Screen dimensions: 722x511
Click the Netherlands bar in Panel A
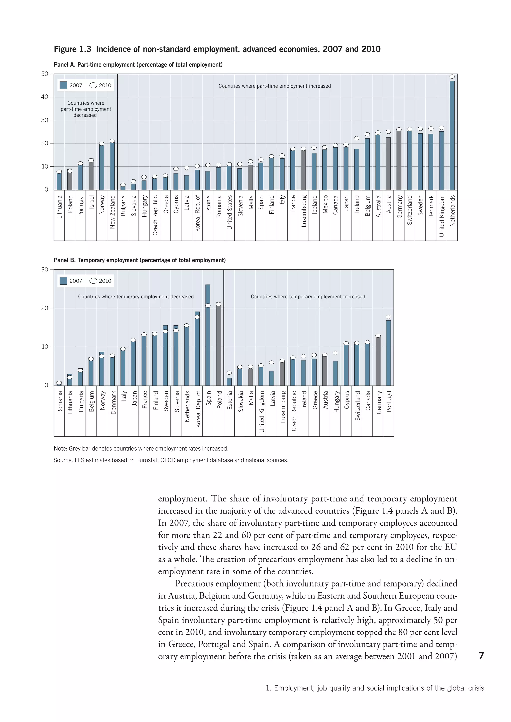click(x=452, y=135)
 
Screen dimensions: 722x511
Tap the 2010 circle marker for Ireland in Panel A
click(x=357, y=138)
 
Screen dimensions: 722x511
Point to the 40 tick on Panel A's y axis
click(x=45, y=97)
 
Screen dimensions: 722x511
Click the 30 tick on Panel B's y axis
click(x=45, y=270)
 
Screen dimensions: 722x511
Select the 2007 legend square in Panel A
click(x=63, y=85)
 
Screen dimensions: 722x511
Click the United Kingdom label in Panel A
click(x=442, y=216)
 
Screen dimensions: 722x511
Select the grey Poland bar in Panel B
click(x=218, y=344)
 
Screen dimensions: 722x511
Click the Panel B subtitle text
click(x=139, y=260)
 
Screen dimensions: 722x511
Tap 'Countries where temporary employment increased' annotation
click(x=308, y=296)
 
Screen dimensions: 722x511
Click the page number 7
click(x=481, y=656)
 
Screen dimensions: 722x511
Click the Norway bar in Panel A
click(x=102, y=167)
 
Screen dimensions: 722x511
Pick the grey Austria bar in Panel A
click(x=388, y=164)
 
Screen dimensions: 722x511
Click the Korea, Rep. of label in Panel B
click(x=198, y=409)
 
